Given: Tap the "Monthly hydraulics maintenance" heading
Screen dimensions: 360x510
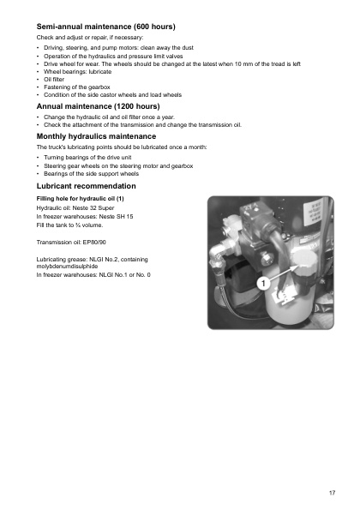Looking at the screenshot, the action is [x=96, y=136].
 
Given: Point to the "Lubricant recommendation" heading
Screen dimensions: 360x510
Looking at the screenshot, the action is [x=86, y=185].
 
